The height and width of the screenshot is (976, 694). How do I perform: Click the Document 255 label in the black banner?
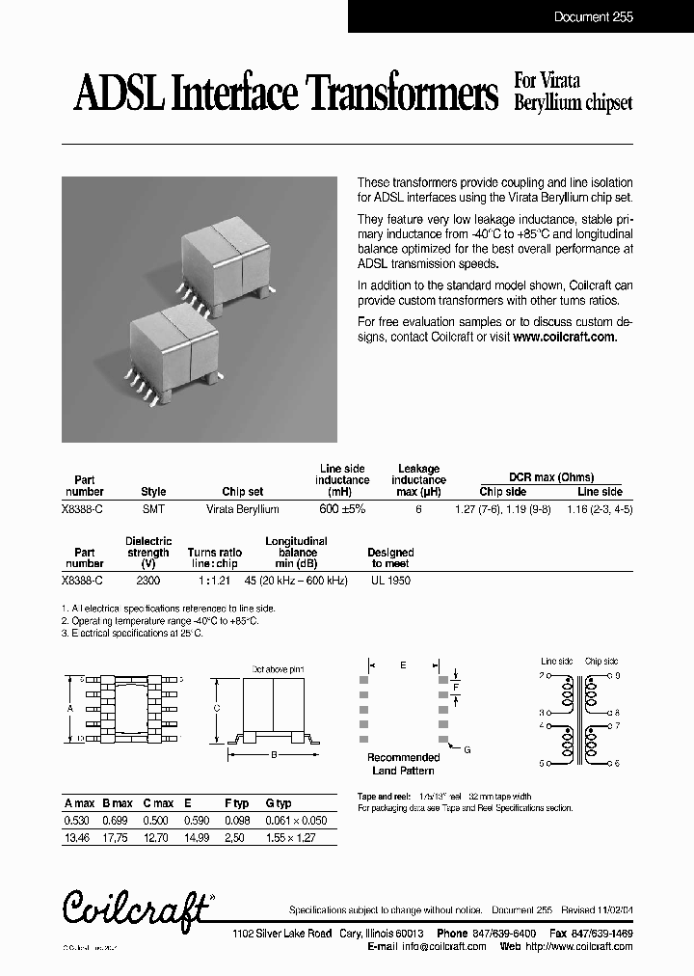pos(593,16)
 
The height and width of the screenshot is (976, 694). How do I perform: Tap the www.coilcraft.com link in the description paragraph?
pos(564,338)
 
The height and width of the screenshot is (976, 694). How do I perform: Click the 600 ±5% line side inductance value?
pos(342,508)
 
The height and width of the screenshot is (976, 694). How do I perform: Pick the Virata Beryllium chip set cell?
pos(243,508)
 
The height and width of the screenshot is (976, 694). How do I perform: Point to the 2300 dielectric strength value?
pos(148,582)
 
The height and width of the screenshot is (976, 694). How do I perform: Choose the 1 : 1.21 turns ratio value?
pos(215,582)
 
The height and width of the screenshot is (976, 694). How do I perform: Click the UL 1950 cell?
pos(390,582)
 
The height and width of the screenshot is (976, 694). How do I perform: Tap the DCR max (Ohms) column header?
pos(551,477)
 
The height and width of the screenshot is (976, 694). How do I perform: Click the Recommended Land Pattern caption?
pos(403,764)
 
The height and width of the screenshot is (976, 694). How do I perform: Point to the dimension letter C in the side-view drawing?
pos(217,707)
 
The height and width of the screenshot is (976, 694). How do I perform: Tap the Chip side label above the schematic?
pos(601,662)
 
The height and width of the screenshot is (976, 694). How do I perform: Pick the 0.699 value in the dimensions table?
pos(118,819)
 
